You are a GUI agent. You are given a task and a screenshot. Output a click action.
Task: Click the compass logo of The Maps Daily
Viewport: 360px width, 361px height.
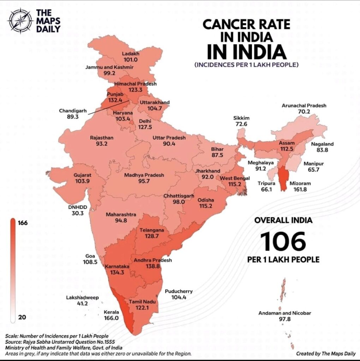click(20, 21)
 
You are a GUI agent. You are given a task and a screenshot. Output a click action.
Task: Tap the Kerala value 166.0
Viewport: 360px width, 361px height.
click(111, 318)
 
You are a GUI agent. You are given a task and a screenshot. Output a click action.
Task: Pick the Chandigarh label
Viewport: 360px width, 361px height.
click(73, 111)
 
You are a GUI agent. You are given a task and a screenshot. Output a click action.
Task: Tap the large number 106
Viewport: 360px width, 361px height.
click(283, 241)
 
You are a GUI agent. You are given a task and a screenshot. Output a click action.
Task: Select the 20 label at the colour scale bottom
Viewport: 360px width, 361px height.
click(22, 317)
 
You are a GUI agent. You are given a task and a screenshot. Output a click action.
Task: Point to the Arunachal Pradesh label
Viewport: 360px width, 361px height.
click(304, 105)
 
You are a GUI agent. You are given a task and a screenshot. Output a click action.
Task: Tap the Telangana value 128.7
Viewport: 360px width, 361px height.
click(151, 236)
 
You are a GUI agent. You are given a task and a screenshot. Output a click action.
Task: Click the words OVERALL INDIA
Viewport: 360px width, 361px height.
click(283, 220)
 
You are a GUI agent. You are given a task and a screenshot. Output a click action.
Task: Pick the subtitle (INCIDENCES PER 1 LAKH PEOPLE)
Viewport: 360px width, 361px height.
click(246, 65)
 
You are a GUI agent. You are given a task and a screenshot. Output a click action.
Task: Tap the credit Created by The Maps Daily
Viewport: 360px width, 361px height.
click(325, 354)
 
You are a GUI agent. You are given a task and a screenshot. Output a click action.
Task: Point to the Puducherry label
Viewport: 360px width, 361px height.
click(179, 291)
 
